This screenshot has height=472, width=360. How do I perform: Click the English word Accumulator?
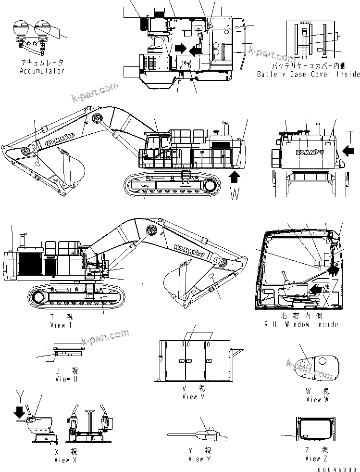[x=42, y=71]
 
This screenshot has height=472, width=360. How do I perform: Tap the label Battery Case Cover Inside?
[x=308, y=74]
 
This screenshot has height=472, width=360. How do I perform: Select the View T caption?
[x=61, y=325]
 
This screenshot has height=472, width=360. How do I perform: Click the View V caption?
[x=193, y=396]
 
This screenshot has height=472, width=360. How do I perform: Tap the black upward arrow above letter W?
[x=234, y=178]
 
